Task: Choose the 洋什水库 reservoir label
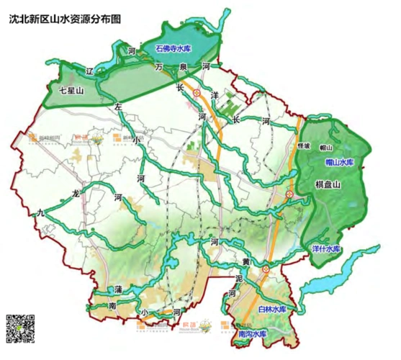(326, 250)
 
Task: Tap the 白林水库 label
(272, 309)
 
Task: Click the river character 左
(119, 106)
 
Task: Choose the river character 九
(40, 212)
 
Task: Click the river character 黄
(245, 261)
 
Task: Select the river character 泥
(238, 277)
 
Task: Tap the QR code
(22, 330)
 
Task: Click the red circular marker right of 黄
(266, 269)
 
